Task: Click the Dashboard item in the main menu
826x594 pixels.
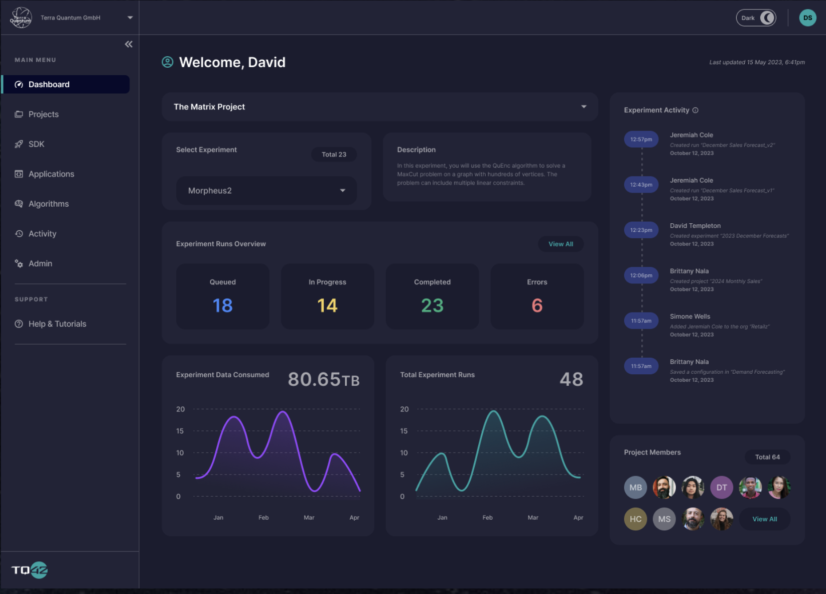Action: click(49, 84)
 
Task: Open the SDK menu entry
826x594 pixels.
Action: click(36, 144)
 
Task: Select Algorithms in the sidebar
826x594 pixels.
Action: click(48, 204)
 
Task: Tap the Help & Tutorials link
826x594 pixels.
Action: click(57, 324)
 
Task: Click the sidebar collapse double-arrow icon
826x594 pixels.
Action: click(129, 44)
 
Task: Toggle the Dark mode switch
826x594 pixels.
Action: click(756, 18)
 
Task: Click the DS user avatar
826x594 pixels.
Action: click(807, 18)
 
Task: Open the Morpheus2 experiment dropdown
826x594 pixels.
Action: click(266, 191)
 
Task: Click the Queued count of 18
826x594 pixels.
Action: click(223, 306)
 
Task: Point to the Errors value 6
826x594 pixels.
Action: click(537, 306)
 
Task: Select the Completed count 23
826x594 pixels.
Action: click(432, 306)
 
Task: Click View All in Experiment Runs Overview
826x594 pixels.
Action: click(561, 244)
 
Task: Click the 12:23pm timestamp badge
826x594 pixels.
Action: click(641, 230)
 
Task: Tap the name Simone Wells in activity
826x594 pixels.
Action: click(690, 317)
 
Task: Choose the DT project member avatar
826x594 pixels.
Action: click(722, 488)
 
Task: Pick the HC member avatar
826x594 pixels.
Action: click(635, 519)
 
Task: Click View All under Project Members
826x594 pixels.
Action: click(764, 519)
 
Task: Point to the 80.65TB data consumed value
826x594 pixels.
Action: click(324, 379)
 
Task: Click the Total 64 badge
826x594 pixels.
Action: click(767, 457)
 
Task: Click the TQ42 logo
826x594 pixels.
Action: click(30, 570)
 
